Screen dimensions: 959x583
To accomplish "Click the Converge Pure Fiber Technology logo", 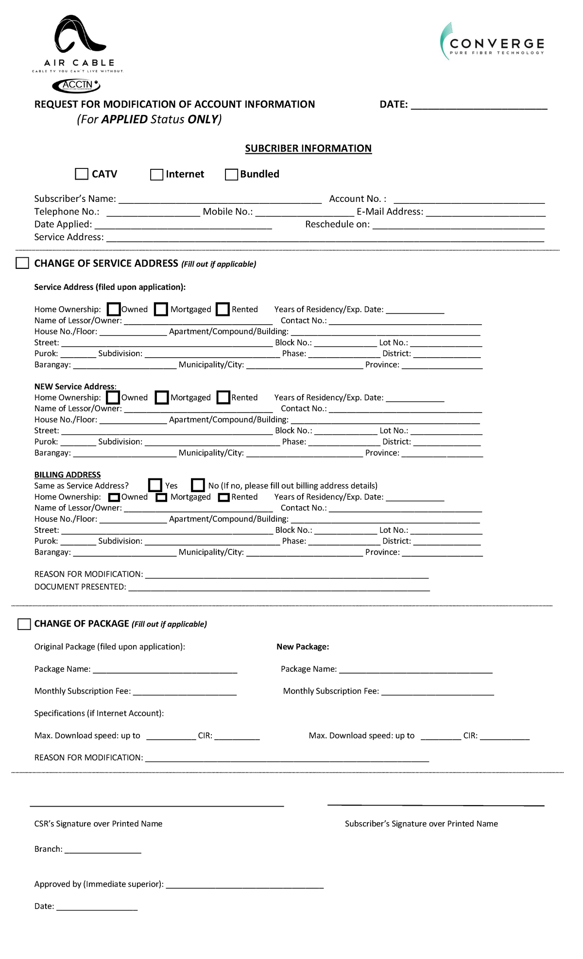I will (x=492, y=42).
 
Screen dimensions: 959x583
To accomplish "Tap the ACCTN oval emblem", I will (x=76, y=85).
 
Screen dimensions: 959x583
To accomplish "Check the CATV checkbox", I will (x=82, y=174).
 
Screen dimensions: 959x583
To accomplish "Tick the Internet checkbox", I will (x=156, y=175).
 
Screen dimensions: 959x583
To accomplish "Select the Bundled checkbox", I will (x=231, y=175).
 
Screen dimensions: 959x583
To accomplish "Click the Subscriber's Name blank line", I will (x=220, y=199).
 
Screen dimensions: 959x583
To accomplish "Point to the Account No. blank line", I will (x=469, y=199).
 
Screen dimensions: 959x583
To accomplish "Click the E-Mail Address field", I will (x=485, y=213).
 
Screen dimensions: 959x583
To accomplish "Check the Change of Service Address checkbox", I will (x=22, y=263).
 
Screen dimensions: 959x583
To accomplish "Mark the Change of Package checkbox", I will (x=24, y=624).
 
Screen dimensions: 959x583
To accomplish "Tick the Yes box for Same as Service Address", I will (x=155, y=485).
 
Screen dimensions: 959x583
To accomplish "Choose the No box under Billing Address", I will (x=198, y=485).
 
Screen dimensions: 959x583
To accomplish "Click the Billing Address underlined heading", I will (x=68, y=475).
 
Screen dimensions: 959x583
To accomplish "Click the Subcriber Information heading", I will (x=308, y=149).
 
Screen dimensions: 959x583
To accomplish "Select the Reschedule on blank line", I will (x=458, y=225).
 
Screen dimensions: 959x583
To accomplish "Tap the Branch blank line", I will (x=103, y=850).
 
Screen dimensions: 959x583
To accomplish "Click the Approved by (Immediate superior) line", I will (x=244, y=885).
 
